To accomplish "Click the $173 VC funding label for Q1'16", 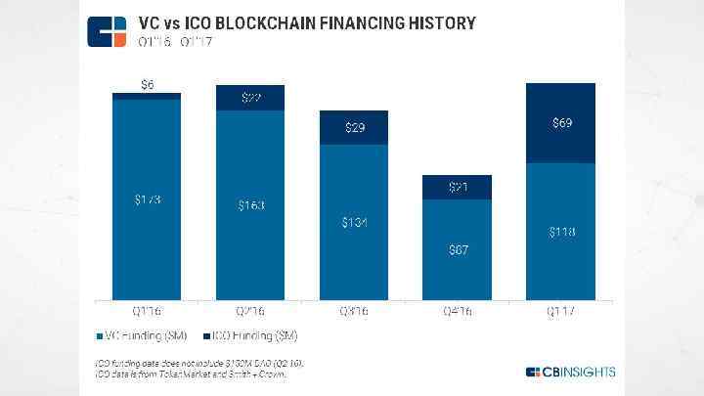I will click(x=148, y=200).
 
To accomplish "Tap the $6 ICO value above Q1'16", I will click(x=148, y=85).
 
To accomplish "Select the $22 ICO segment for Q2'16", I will click(x=251, y=98).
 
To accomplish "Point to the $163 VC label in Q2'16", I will click(x=251, y=205).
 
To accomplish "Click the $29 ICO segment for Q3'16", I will click(x=355, y=128).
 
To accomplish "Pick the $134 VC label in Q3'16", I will click(x=355, y=223).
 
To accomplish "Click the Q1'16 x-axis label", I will click(x=148, y=311).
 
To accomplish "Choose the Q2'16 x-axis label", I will click(x=251, y=311).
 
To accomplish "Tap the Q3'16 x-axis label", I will click(x=355, y=311).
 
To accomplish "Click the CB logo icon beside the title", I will click(x=106, y=30).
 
